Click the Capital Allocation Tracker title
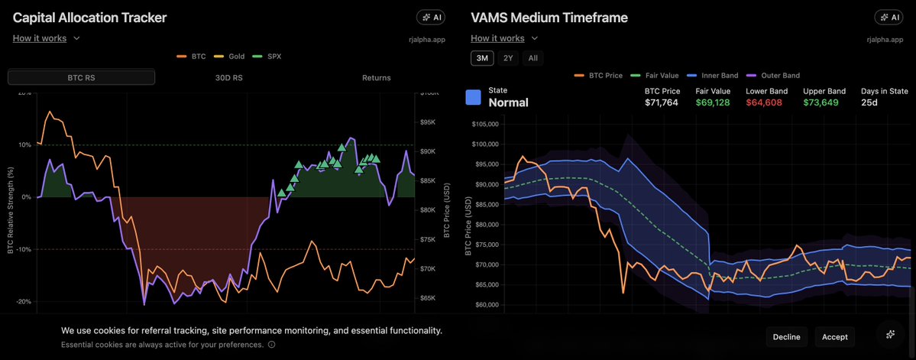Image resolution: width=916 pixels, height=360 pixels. click(89, 17)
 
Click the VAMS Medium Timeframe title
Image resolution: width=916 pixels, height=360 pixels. click(549, 17)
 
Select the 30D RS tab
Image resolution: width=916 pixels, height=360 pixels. click(229, 77)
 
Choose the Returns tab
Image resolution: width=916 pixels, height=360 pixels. click(376, 77)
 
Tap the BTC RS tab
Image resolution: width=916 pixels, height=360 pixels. click(81, 77)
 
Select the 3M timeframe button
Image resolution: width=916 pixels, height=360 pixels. click(482, 58)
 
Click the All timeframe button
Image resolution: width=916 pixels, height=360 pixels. click(533, 58)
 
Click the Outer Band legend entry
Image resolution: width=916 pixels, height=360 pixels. click(776, 76)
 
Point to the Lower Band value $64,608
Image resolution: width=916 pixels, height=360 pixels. click(764, 102)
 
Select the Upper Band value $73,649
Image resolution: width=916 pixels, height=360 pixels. click(821, 102)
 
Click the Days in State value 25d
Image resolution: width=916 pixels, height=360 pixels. click(869, 102)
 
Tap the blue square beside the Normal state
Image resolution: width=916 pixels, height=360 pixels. click(474, 97)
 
